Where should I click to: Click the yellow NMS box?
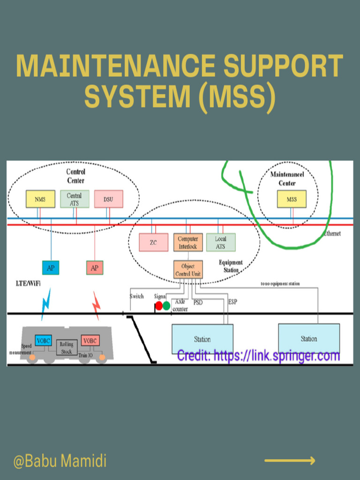[x=40, y=199]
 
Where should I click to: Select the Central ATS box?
[x=74, y=199]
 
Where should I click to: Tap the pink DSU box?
[x=108, y=199]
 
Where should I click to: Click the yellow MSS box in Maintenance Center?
[x=291, y=199]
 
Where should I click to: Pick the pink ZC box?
[x=153, y=242]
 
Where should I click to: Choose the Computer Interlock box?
[x=188, y=242]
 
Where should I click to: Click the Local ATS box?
[x=221, y=242]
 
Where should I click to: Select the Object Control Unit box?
[x=188, y=270]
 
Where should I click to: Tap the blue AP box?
[x=51, y=268]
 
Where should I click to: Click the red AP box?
[x=95, y=268]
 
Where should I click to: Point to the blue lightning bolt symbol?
[x=46, y=304]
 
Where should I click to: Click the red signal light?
[x=159, y=306]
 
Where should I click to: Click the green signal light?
[x=166, y=306]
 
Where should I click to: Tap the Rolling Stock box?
[x=66, y=347]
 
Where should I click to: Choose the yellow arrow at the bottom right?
[x=290, y=461]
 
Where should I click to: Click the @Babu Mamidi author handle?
[x=60, y=461]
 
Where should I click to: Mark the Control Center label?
[x=75, y=176]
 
